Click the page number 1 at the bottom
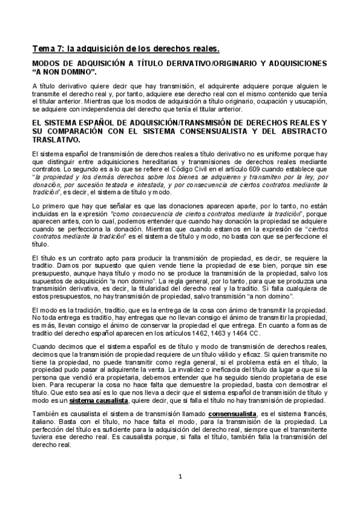click(x=180, y=478)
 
